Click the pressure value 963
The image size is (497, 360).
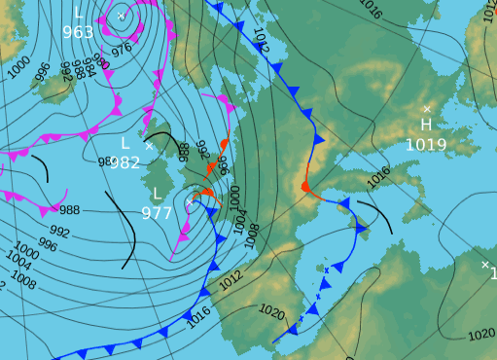click(78, 32)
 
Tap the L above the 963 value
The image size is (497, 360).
click(78, 13)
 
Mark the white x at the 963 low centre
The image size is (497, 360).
click(121, 16)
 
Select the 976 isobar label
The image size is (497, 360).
click(122, 49)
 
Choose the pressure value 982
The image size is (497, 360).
click(124, 162)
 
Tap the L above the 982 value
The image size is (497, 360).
click(124, 143)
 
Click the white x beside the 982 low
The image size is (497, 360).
click(149, 145)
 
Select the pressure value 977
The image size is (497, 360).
click(157, 213)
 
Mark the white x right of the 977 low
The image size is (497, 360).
click(190, 201)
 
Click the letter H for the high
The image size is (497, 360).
click(426, 126)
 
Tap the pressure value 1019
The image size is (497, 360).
click(426, 145)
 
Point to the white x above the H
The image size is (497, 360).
click(426, 108)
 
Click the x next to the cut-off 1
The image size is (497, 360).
click(484, 264)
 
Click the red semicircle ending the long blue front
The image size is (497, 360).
click(304, 185)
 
